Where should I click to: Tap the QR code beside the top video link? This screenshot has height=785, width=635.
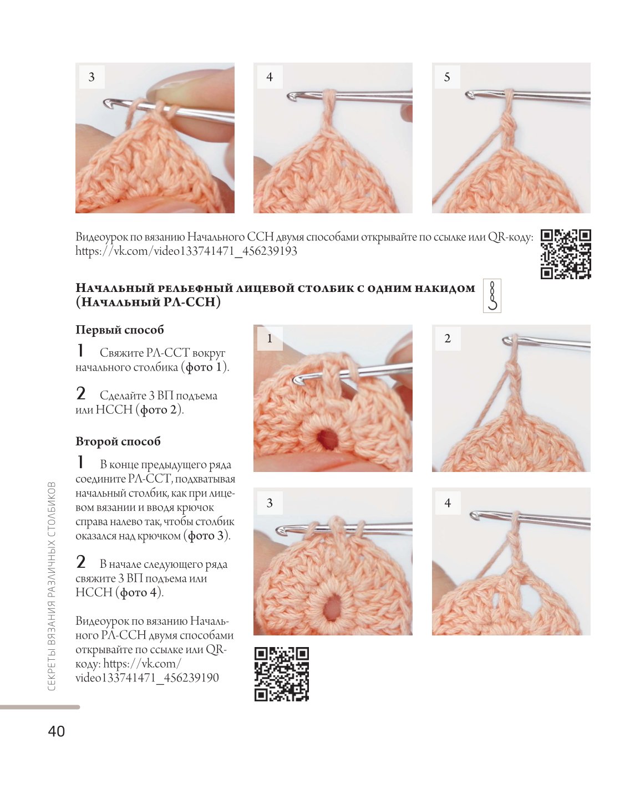coord(566,254)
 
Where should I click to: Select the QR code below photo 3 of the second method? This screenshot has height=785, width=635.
coord(282,674)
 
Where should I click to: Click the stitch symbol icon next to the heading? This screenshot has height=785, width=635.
coord(492,296)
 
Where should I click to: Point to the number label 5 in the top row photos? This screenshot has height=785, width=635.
coord(447,77)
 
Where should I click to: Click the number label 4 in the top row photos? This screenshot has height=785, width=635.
coord(270,77)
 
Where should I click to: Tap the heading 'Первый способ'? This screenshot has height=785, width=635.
coord(120,330)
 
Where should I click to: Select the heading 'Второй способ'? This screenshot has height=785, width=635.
coord(118,441)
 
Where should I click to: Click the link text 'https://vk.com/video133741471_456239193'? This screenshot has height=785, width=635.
coord(186,252)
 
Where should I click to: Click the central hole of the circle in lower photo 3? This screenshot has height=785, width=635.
coord(331,612)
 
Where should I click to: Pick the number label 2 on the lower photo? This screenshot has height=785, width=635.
coord(448,338)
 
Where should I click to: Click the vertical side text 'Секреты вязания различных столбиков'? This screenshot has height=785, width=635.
coord(52,586)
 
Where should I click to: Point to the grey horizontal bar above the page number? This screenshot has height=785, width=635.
coord(40,707)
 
